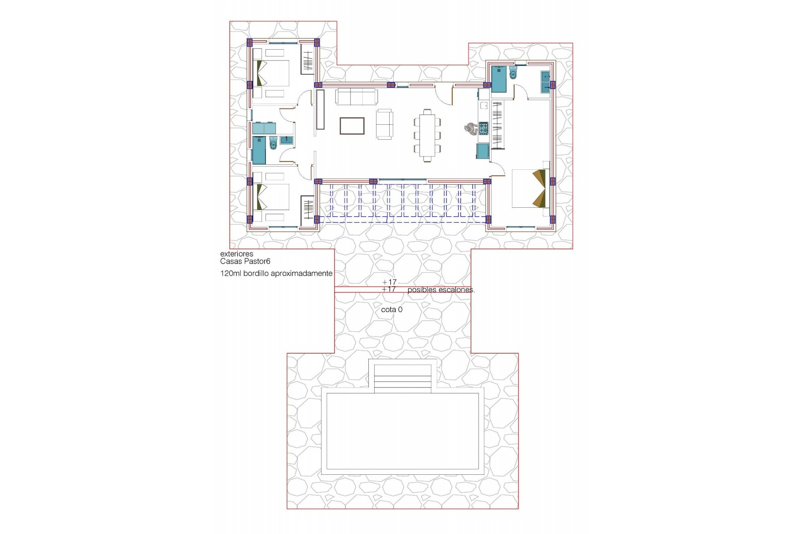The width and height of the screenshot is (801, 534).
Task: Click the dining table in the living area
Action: click(428, 135)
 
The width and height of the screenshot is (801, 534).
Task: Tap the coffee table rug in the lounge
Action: click(352, 126)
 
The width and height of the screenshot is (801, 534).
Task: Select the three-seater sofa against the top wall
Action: click(357, 96)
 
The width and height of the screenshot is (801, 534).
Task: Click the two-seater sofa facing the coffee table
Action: click(384, 124)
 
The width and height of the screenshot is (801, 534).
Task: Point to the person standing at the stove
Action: click(471, 128)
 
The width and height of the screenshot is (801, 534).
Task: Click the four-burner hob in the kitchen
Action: click(483, 128)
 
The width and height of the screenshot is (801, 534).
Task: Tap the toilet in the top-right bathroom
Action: click(513, 74)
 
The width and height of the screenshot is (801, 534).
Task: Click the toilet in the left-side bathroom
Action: click(273, 143)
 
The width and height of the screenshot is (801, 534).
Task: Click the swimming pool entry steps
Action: click(403, 378)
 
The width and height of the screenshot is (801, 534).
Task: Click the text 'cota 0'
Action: click(392, 310)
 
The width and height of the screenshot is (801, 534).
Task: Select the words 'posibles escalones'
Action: click(441, 290)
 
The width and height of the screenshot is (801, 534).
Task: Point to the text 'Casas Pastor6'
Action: click(245, 262)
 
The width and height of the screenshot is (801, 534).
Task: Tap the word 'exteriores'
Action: click(237, 254)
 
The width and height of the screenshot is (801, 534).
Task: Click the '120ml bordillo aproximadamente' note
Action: click(276, 274)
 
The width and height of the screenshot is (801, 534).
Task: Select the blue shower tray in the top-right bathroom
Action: click(499, 79)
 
